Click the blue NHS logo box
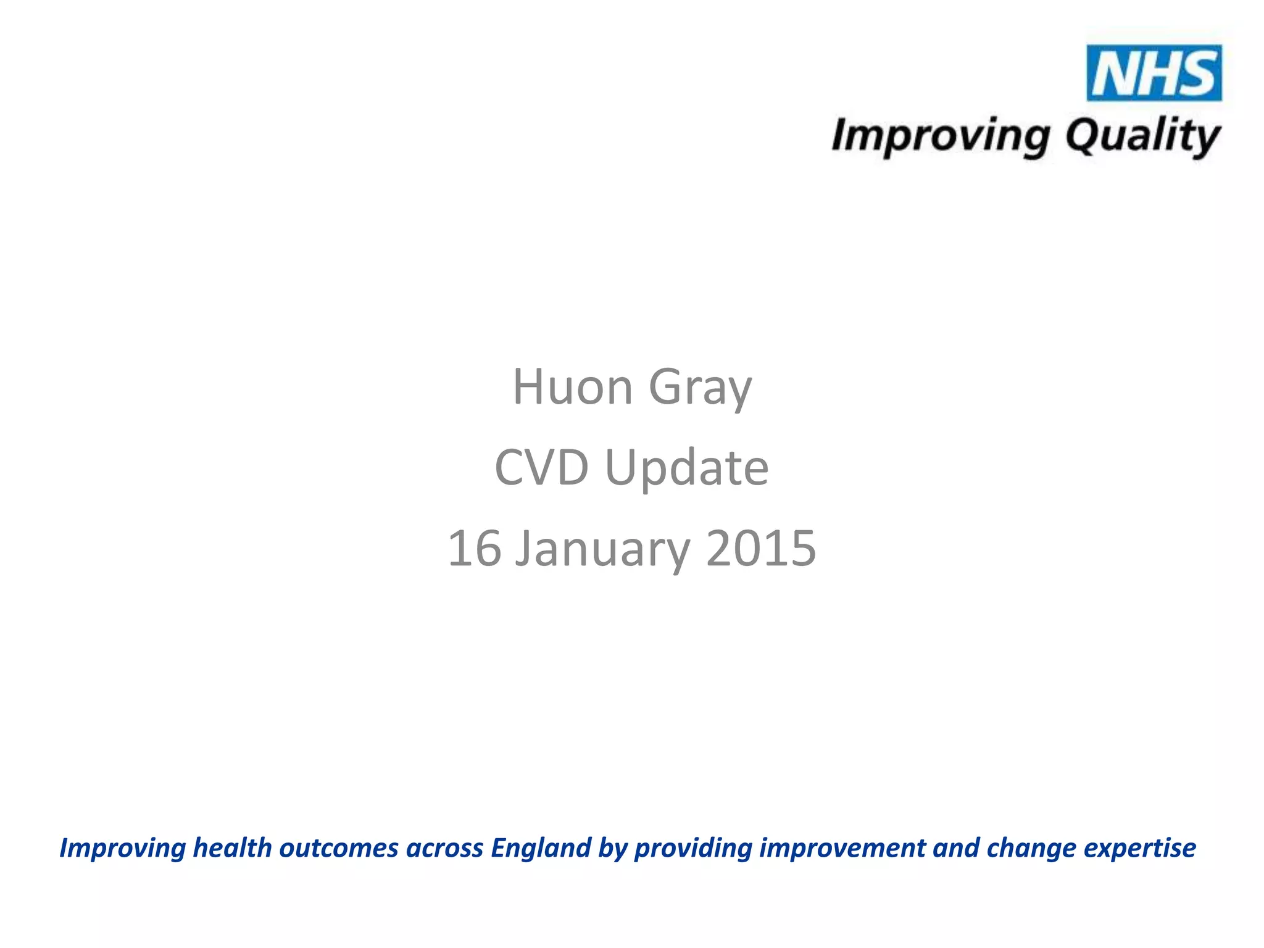(x=1154, y=73)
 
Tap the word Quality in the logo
(x=1142, y=137)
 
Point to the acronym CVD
(x=541, y=467)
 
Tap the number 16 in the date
(x=474, y=548)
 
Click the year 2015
(x=760, y=548)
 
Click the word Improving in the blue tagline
(x=122, y=849)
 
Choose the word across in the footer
(x=444, y=849)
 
